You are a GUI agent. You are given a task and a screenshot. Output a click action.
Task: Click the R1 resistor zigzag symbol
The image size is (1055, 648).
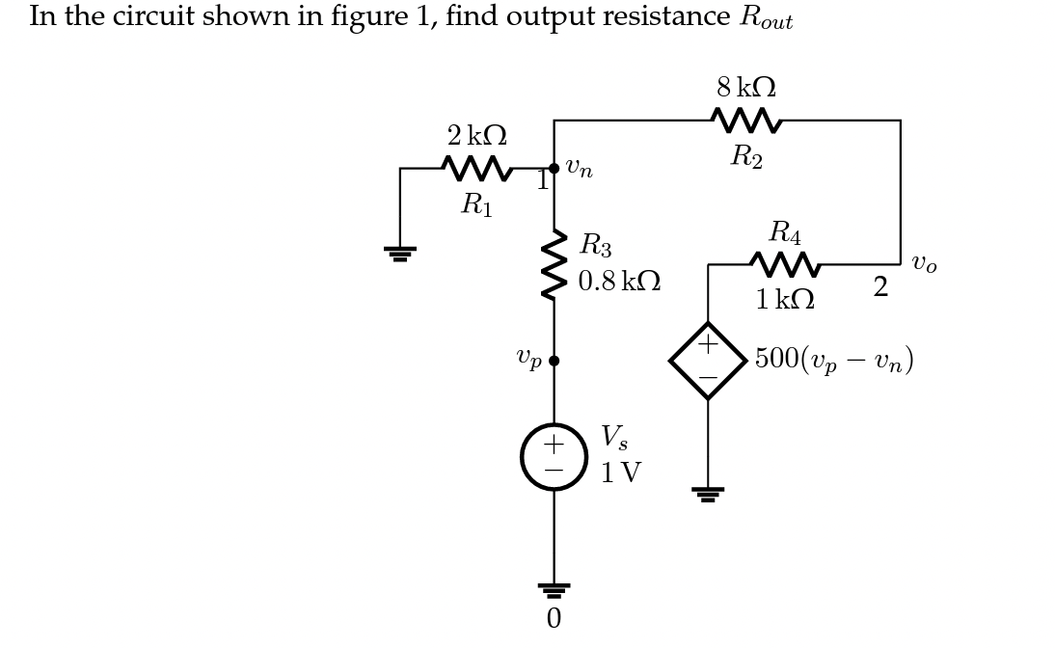476,169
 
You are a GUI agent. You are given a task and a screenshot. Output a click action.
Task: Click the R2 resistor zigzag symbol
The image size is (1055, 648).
745,121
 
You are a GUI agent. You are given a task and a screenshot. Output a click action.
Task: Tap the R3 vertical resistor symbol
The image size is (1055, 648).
554,264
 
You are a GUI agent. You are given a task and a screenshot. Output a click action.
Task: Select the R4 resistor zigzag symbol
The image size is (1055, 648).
784,264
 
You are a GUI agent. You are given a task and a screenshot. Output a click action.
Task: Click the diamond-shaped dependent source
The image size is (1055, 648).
708,361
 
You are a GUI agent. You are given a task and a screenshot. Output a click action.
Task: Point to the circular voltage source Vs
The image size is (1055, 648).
554,457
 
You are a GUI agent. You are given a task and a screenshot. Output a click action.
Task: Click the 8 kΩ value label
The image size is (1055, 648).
745,88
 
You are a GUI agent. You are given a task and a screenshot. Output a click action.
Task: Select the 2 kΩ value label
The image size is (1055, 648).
476,136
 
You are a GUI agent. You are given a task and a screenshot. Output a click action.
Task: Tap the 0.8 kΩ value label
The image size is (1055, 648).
619,282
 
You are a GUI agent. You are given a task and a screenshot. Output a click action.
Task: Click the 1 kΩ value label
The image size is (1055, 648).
784,300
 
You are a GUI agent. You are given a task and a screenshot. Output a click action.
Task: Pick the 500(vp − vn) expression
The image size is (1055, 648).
833,360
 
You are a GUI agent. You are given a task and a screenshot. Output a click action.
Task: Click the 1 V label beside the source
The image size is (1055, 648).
620,473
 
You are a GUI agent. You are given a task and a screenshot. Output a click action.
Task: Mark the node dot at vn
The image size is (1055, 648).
554,169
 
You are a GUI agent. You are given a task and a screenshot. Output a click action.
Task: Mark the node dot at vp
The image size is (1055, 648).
554,361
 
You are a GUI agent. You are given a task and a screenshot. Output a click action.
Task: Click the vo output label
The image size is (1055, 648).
924,263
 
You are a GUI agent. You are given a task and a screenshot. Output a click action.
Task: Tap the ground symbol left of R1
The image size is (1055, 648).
400,254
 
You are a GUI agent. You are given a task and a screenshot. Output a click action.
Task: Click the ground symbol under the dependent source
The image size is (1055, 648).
708,494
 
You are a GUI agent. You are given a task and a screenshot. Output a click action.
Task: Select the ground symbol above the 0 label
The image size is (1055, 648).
554,590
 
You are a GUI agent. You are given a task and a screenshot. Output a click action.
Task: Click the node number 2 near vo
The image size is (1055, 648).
879,287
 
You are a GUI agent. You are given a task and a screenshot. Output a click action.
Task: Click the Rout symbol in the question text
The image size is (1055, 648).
766,18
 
